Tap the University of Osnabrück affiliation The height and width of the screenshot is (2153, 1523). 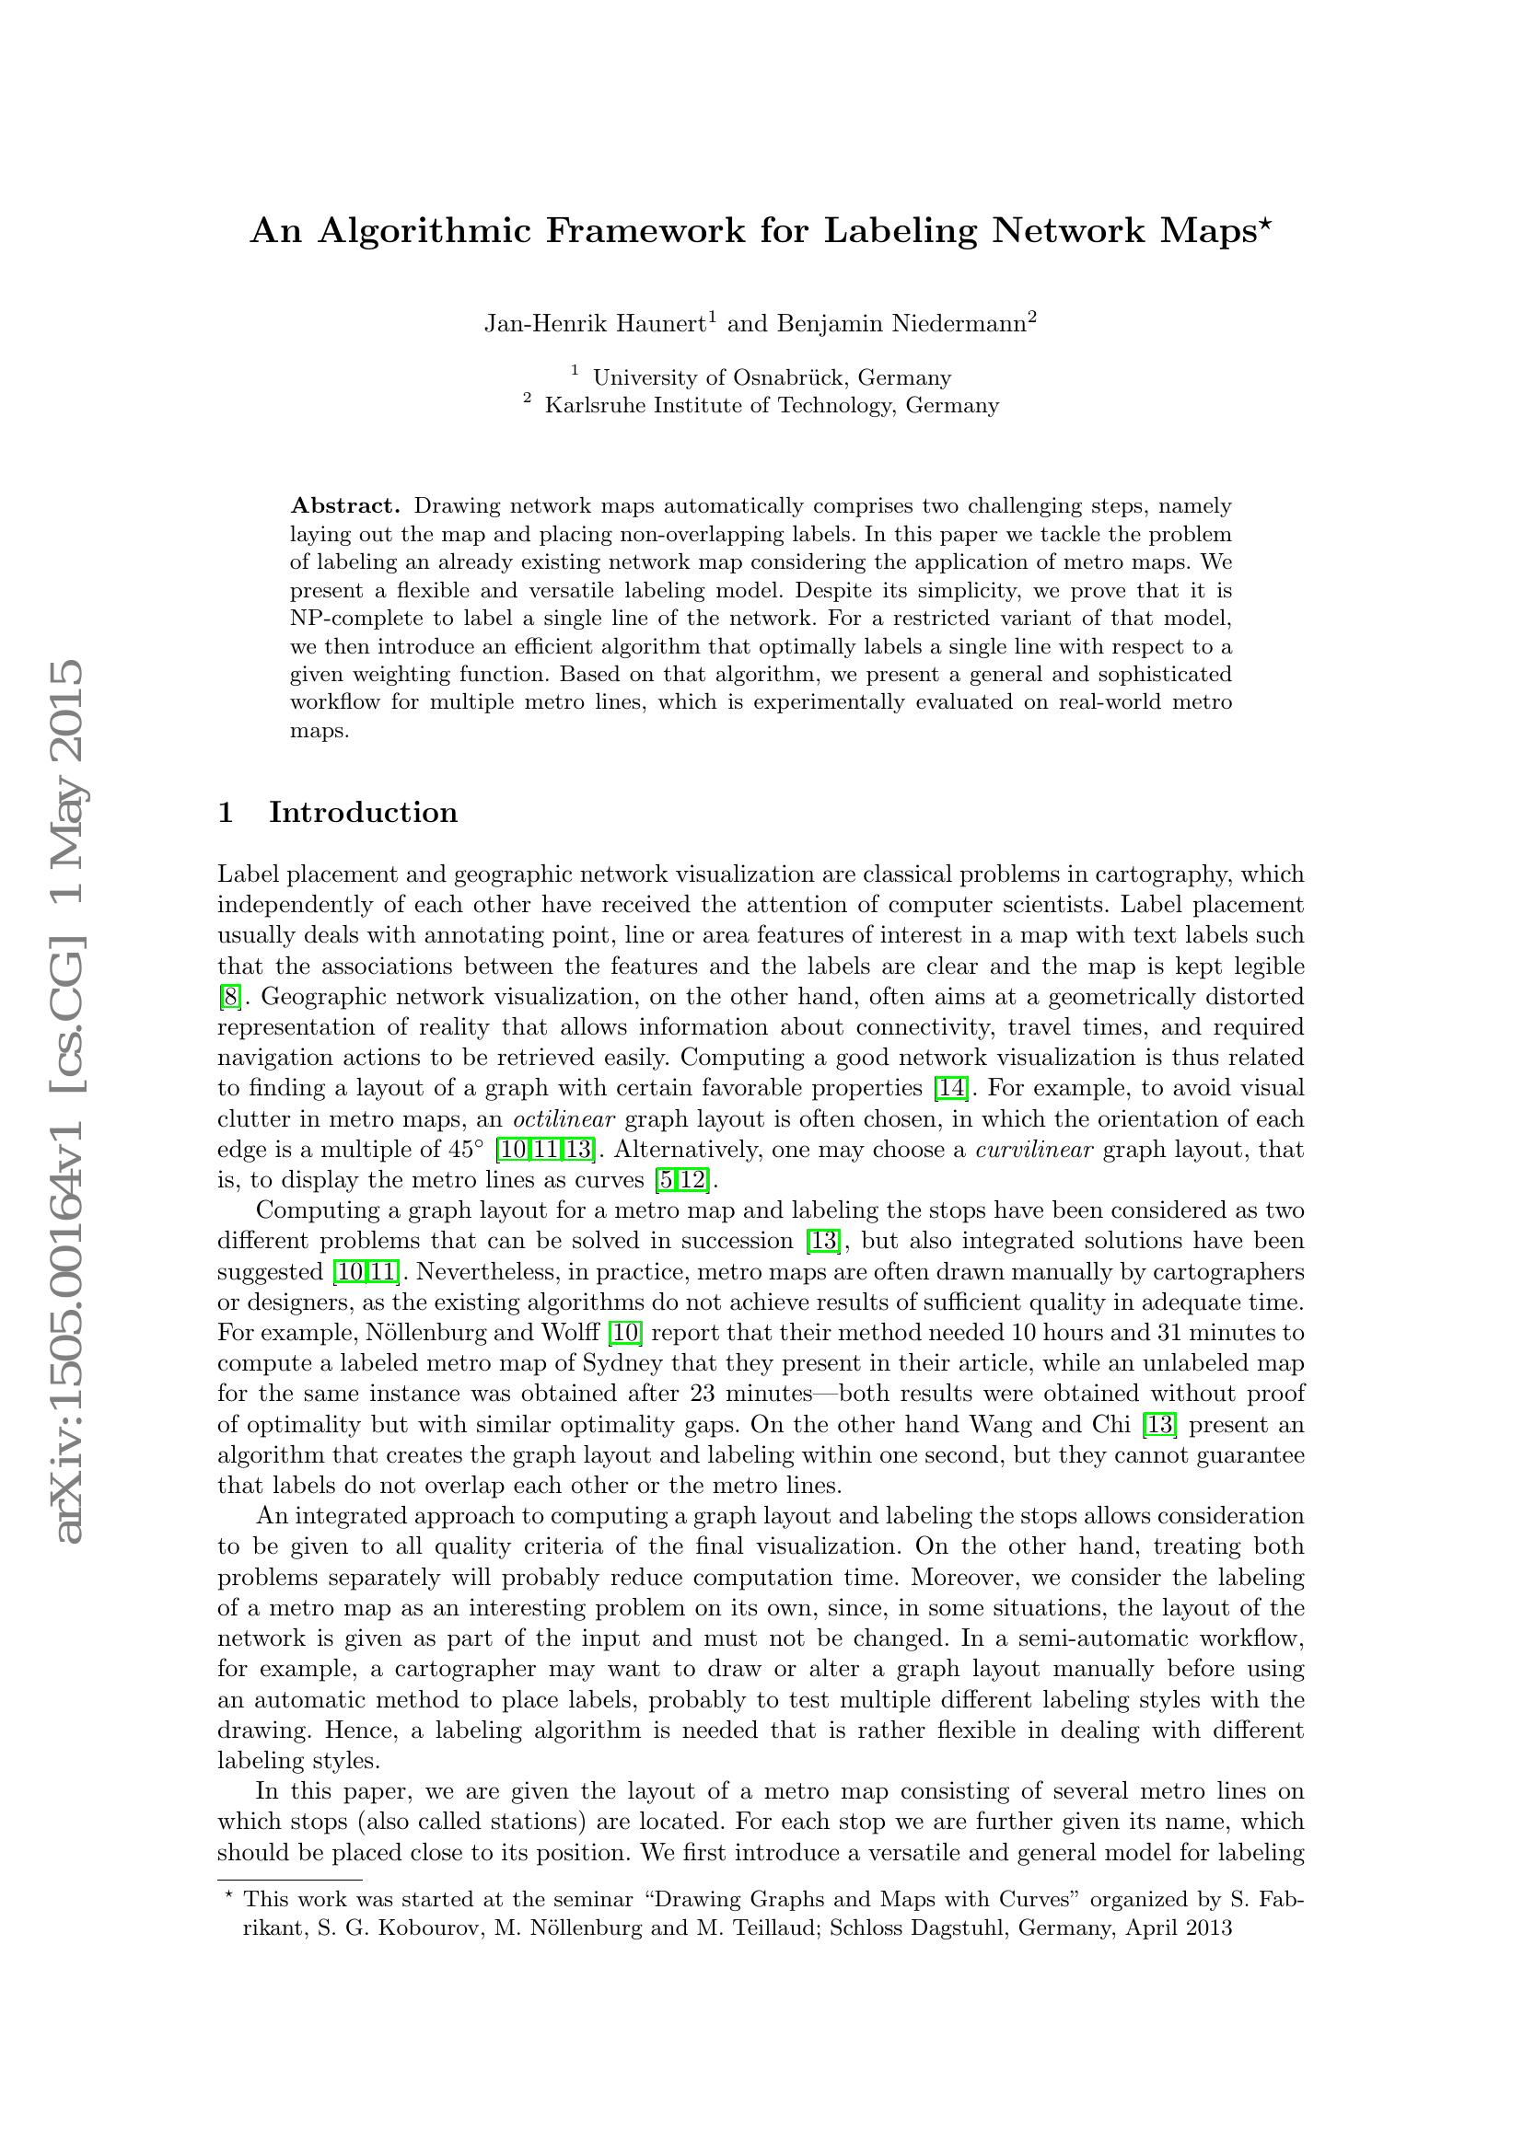click(772, 378)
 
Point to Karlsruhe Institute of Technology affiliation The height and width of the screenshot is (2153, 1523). click(772, 406)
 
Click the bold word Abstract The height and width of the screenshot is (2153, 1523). click(345, 506)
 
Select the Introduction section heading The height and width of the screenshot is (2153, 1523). click(363, 812)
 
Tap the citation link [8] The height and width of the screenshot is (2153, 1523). click(230, 997)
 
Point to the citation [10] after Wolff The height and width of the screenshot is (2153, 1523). click(625, 1333)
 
